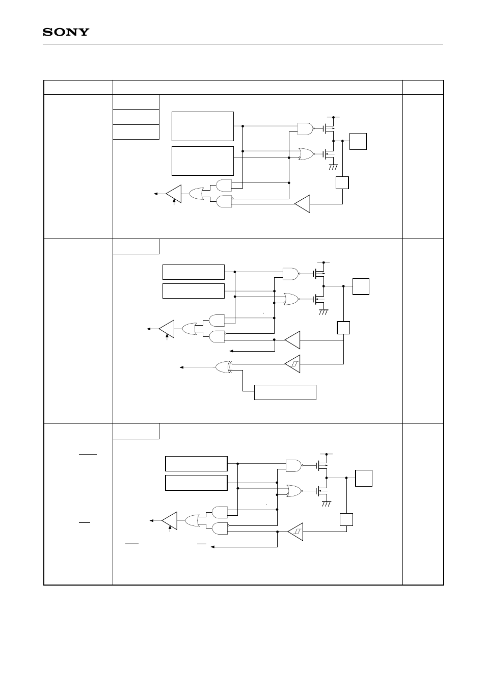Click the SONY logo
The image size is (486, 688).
click(x=66, y=32)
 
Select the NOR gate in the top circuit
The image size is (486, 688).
click(x=305, y=153)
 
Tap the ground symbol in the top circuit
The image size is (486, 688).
click(x=334, y=167)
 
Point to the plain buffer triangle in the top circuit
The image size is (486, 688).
click(x=303, y=203)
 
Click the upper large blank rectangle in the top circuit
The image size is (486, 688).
click(x=203, y=126)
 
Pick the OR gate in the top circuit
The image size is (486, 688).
click(x=196, y=193)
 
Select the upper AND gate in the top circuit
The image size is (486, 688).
click(x=224, y=185)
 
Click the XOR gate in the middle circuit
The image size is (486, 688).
click(x=224, y=366)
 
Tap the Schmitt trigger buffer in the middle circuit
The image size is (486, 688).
click(x=293, y=363)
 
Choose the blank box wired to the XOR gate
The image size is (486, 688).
click(x=285, y=392)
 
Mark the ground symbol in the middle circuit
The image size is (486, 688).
click(x=323, y=311)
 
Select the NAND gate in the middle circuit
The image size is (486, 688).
click(x=290, y=274)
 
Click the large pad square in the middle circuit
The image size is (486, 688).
click(x=361, y=286)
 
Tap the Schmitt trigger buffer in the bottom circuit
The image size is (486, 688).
click(x=295, y=532)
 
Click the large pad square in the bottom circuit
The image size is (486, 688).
click(x=364, y=479)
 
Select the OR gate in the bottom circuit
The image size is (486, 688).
click(x=191, y=520)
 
